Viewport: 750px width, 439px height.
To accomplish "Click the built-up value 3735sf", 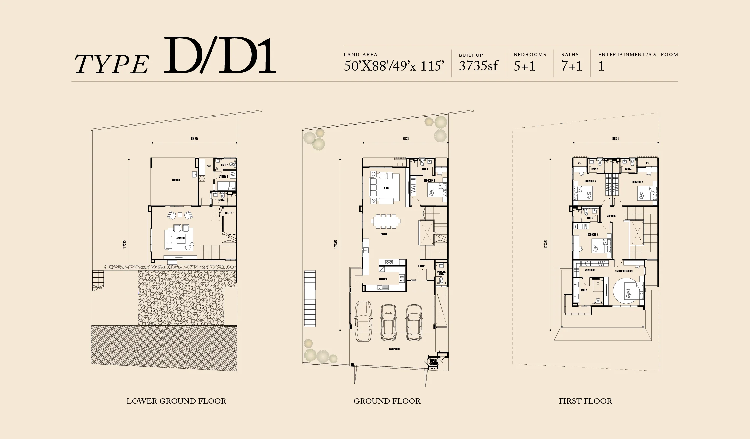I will (478, 66).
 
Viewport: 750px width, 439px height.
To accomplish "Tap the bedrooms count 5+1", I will (525, 66).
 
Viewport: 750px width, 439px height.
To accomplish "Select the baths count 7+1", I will (572, 66).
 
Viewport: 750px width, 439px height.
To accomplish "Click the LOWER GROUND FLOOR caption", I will (176, 401).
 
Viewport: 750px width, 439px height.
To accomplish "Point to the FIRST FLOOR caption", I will (585, 401).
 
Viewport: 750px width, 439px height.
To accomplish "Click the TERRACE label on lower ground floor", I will (176, 180).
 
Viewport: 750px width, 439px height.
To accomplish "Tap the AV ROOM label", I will (181, 238).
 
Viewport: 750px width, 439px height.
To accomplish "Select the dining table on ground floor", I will (385, 221).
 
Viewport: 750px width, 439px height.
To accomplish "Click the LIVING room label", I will (386, 188).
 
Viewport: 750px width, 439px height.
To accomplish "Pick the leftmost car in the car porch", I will (363, 321).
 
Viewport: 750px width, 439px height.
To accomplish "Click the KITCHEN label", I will (383, 279).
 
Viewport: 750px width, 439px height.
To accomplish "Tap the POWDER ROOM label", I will (441, 273).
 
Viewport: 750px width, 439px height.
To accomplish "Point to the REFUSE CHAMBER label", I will (434, 362).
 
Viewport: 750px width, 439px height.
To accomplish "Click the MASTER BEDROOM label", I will (624, 271).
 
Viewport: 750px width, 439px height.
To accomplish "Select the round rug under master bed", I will (627, 292).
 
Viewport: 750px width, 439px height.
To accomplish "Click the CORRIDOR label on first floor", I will (611, 216).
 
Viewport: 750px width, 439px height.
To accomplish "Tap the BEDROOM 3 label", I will (592, 235).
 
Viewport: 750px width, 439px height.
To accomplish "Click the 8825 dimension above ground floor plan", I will (406, 139).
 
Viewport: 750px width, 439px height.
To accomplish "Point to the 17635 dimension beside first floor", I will (546, 244).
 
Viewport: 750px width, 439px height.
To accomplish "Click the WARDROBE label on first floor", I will (590, 270).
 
